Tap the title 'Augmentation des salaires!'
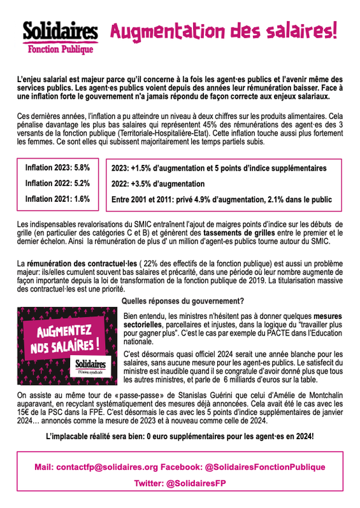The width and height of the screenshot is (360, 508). (x=224, y=30)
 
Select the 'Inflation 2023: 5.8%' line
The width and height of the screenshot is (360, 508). (x=57, y=168)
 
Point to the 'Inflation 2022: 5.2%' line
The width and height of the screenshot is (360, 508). (x=57, y=183)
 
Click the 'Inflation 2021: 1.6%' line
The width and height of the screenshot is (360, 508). (x=57, y=199)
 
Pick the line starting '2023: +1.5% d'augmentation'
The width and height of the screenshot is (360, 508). (x=219, y=169)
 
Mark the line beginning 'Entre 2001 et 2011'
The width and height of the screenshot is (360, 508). (x=221, y=199)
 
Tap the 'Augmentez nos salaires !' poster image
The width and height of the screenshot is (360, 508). (x=66, y=344)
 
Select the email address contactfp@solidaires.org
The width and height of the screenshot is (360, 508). (x=105, y=467)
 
